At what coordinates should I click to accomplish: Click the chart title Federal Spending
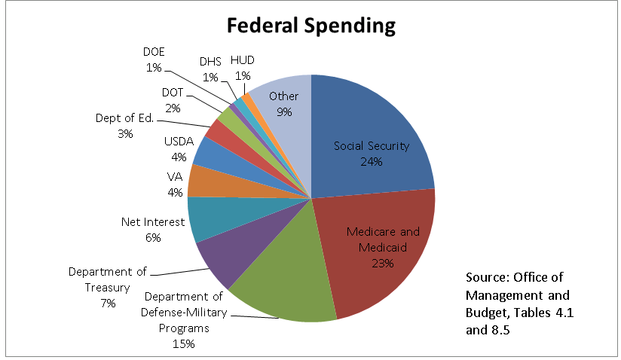pyautogui.click(x=310, y=25)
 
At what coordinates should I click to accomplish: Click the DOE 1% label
pyautogui.click(x=154, y=59)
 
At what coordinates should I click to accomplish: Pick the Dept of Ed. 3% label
pyautogui.click(x=124, y=126)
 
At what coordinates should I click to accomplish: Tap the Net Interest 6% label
pyautogui.click(x=151, y=230)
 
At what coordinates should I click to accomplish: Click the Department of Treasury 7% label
pyautogui.click(x=109, y=287)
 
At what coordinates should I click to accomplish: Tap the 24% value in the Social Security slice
pyautogui.click(x=372, y=162)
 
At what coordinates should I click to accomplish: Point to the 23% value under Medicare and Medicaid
pyautogui.click(x=382, y=264)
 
